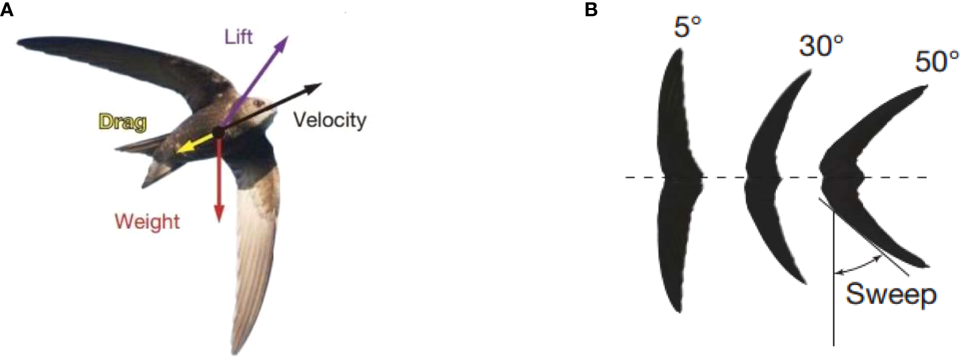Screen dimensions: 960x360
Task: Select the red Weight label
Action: [147, 221]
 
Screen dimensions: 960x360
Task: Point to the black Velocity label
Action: [330, 121]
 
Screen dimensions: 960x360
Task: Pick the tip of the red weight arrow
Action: [218, 220]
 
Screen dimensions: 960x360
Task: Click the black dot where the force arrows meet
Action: [218, 132]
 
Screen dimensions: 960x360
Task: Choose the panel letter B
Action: [591, 11]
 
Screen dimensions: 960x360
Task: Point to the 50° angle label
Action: [937, 63]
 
